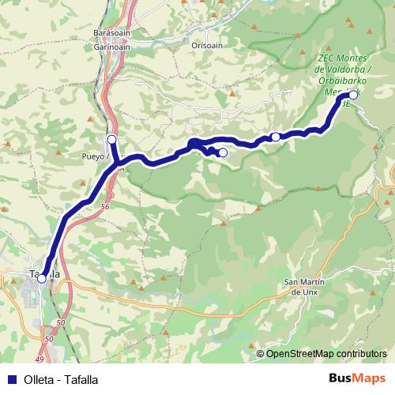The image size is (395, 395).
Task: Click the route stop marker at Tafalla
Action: point(41,278)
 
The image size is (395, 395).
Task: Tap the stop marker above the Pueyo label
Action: point(111,140)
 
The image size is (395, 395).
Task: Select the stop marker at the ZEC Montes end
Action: point(353,95)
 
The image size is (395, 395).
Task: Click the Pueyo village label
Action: point(92,157)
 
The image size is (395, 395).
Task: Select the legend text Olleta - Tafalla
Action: point(61,379)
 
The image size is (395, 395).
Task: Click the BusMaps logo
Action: point(357,379)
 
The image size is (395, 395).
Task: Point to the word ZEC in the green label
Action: point(325,58)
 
